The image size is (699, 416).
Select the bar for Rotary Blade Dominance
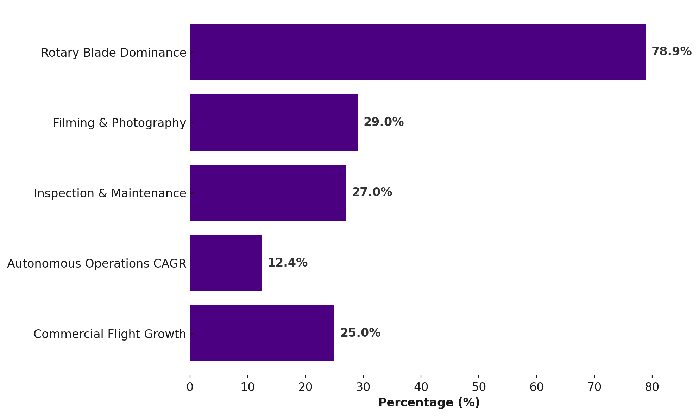click(x=418, y=52)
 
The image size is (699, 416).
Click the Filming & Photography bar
click(x=274, y=122)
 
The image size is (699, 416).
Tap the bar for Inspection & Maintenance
click(x=268, y=192)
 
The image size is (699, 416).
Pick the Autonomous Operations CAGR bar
click(x=226, y=263)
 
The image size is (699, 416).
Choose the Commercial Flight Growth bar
click(x=262, y=333)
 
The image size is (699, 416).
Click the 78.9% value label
click(x=671, y=52)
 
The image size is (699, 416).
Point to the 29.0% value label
click(x=383, y=122)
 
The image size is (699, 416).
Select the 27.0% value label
click(x=372, y=192)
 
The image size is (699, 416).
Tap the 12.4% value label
click(x=287, y=263)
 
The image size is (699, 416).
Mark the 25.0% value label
click(x=360, y=333)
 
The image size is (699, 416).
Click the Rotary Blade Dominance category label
click(x=113, y=53)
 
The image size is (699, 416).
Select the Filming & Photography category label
click(x=119, y=123)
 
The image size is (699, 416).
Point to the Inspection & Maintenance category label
click(x=110, y=194)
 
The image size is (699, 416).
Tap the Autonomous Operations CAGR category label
click(x=96, y=264)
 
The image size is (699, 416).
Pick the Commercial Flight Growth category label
click(x=109, y=334)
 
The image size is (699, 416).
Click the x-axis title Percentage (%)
click(x=429, y=403)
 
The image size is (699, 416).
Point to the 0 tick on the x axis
click(x=190, y=387)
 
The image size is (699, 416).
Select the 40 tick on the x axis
click(x=421, y=387)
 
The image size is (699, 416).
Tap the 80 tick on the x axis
click(x=652, y=387)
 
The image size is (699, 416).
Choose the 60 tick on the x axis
click(x=536, y=387)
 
